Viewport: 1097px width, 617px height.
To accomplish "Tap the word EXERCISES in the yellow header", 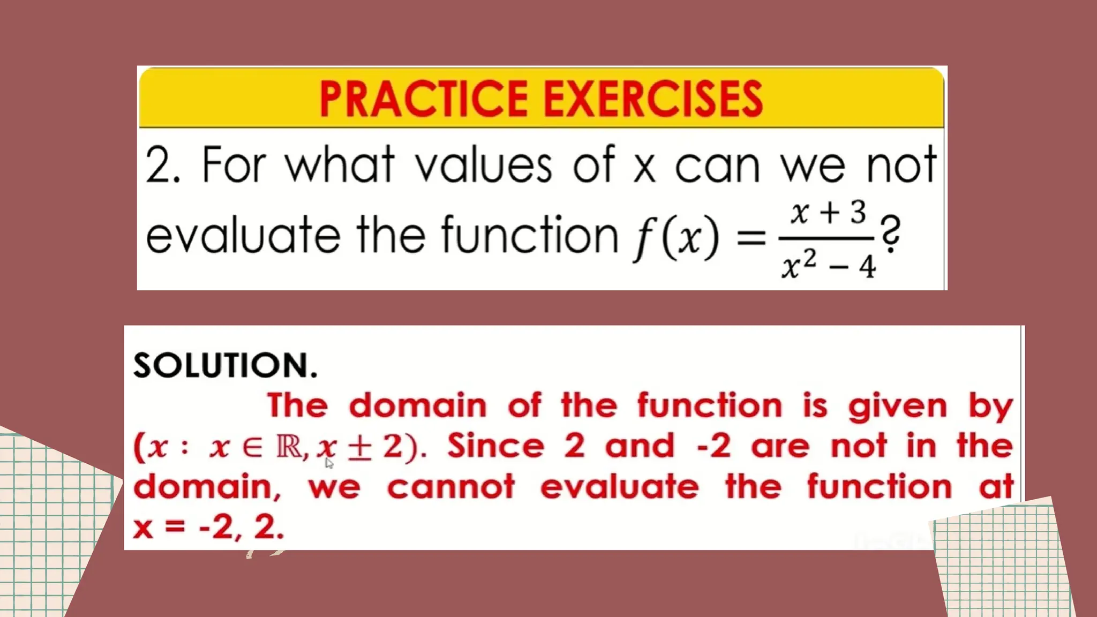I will (x=653, y=99).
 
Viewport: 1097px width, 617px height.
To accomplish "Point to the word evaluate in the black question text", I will (x=243, y=236).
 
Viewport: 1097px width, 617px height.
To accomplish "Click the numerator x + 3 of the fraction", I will (x=828, y=213).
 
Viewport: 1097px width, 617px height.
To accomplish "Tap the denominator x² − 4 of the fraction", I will (x=828, y=265).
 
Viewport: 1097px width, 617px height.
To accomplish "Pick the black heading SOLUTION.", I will (x=225, y=366).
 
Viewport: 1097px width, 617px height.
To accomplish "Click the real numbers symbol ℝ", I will (x=289, y=446).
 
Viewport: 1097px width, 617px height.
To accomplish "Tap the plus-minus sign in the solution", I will (x=359, y=447).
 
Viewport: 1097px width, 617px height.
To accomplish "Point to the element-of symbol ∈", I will (x=252, y=447).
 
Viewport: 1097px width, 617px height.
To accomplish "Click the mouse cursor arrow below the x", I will (x=329, y=463).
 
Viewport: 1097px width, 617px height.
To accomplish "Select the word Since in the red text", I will (x=495, y=446).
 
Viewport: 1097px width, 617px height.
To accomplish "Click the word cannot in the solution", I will (x=450, y=487).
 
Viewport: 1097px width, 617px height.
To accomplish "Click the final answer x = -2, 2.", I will (x=208, y=527).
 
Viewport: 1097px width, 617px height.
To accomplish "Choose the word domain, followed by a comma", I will (x=207, y=487).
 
